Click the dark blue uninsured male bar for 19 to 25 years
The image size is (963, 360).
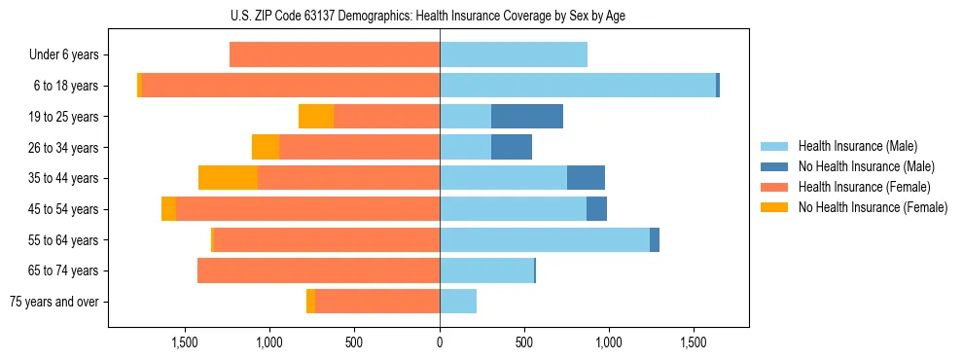click(527, 117)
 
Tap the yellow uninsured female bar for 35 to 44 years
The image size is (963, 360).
click(228, 178)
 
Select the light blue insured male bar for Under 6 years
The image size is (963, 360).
click(514, 55)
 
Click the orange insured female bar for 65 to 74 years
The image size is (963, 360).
click(318, 270)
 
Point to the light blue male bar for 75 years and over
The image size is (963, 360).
click(458, 302)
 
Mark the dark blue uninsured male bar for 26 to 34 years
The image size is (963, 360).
click(512, 147)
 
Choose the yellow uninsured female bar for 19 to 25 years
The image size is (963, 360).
click(316, 117)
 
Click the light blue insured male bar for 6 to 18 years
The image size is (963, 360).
click(578, 86)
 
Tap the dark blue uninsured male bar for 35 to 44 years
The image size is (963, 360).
click(586, 178)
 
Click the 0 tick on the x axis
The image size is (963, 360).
click(440, 342)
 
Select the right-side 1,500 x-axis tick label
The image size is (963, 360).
click(694, 342)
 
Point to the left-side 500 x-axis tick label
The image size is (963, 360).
click(354, 342)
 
